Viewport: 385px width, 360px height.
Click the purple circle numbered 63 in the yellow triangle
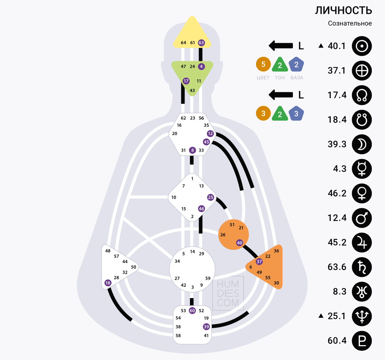[201, 42]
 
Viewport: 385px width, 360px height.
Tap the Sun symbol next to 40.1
[362, 46]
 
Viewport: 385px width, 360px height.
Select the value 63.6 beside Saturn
[337, 267]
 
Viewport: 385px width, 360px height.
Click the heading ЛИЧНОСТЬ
[344, 11]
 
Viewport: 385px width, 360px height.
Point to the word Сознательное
[350, 23]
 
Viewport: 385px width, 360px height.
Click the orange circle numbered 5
[263, 64]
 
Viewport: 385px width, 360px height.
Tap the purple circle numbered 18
[108, 283]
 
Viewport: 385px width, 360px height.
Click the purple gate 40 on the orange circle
[240, 243]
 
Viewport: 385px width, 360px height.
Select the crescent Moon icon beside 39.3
[362, 144]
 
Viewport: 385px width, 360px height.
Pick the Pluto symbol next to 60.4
[362, 341]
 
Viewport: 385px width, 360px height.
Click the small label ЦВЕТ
[263, 78]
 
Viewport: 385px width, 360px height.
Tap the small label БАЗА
[297, 78]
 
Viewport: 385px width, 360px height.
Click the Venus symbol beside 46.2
[362, 193]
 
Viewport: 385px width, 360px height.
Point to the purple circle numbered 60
[192, 311]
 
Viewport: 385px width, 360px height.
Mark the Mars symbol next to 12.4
[362, 218]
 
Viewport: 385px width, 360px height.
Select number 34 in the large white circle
[177, 261]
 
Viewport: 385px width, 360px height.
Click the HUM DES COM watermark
[228, 293]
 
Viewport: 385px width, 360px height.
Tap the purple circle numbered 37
[259, 262]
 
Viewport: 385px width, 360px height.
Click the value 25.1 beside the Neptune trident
[337, 316]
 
